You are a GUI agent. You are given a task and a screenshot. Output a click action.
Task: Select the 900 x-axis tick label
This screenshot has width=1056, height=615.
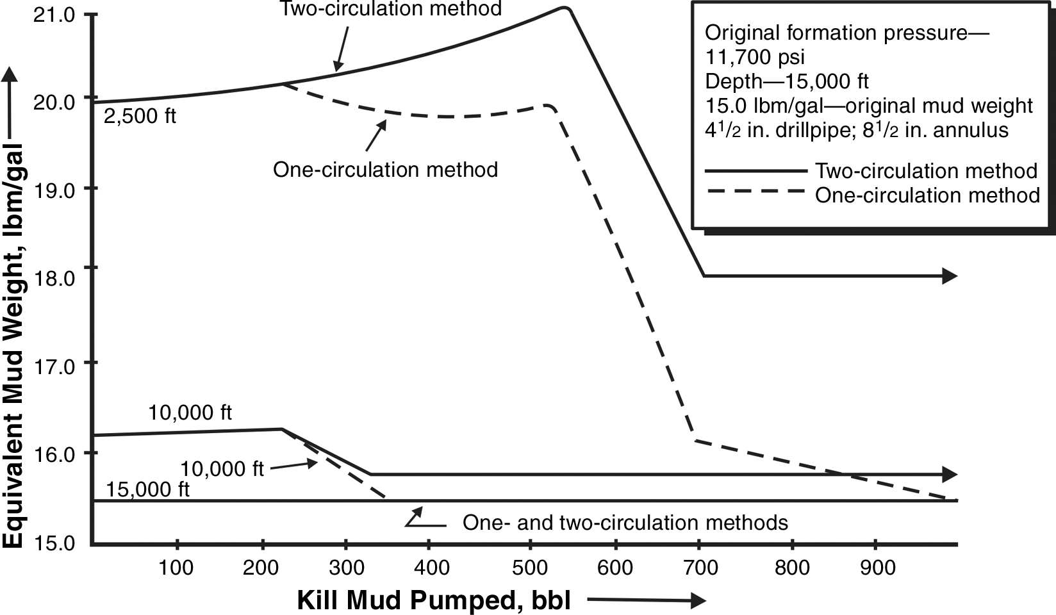click(x=877, y=567)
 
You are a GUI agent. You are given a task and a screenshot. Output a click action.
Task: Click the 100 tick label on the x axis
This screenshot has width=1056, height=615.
click(x=176, y=567)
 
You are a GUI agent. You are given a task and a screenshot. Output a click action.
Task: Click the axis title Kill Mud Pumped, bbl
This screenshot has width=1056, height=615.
click(x=433, y=601)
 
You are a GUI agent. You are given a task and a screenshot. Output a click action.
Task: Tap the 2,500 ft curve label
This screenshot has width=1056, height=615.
click(x=140, y=117)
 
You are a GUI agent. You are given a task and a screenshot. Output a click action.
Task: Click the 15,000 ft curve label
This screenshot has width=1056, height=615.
click(x=148, y=489)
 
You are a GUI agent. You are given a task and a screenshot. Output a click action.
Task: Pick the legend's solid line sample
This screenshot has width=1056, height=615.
click(x=755, y=171)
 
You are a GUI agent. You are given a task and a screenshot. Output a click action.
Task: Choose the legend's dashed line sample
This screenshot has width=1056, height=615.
click(x=755, y=191)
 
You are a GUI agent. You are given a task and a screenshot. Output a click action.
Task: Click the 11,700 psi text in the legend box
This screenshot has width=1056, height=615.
click(x=755, y=57)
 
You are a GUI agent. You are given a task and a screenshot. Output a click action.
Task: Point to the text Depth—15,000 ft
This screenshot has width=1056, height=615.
click(x=787, y=81)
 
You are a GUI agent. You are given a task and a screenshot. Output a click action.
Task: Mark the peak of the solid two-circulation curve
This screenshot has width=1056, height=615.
click(x=563, y=8)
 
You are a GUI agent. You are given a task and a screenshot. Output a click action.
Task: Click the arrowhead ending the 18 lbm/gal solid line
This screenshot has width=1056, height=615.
click(x=950, y=276)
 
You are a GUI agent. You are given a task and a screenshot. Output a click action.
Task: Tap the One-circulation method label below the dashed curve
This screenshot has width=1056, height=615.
click(x=385, y=170)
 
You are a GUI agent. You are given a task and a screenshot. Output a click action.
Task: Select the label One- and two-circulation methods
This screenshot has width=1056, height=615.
click(x=625, y=523)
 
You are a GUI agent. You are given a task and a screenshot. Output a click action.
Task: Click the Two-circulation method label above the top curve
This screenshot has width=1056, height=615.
click(x=390, y=9)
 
